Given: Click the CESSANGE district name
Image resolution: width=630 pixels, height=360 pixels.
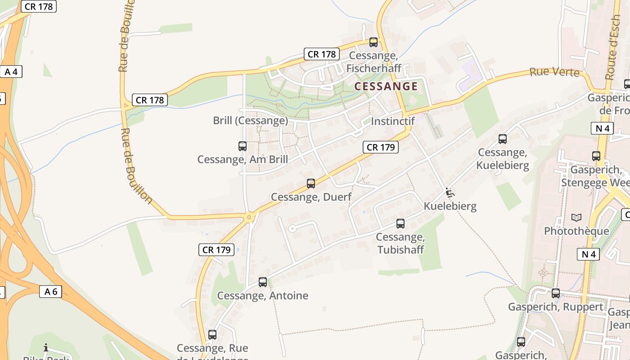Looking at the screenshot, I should pos(386,86).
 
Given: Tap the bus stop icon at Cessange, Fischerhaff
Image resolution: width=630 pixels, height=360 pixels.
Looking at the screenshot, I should pos(373,42).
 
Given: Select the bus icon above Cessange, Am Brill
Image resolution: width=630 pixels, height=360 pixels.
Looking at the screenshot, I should pos(243,146).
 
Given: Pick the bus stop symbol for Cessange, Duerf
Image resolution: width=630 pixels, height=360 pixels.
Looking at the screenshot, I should pos(311,184).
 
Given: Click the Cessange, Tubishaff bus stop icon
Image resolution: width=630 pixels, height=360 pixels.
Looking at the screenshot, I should pos(400,224).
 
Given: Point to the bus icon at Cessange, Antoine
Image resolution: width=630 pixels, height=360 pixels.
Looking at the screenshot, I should pos(263,283).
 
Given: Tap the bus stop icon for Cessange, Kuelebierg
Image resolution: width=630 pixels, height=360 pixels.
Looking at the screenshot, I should pos(503,139).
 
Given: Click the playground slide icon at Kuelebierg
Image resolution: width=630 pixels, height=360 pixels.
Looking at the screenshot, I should pos(450,193).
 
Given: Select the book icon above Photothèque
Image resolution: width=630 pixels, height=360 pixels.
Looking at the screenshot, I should pos(576,218).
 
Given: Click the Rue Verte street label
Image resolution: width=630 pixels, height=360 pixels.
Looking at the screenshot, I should pos(554,72).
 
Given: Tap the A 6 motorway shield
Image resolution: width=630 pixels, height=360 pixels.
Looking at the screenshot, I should pos(50,292).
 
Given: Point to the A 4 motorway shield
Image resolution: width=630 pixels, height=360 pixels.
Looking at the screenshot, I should pos(11,72).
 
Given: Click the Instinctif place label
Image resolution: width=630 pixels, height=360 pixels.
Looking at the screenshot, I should pos(392,121).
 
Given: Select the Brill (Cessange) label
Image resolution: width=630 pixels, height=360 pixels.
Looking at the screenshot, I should pos(250,121).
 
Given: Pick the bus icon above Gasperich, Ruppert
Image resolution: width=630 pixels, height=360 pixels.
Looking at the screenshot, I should pos(556,293).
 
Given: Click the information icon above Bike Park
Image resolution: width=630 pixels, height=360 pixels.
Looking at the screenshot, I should pos(45,347).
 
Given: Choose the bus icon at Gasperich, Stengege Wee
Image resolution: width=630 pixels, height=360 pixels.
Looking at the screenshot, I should pos(596,156).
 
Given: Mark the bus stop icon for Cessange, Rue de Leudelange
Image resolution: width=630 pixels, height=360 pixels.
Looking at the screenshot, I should pos(212,335).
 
